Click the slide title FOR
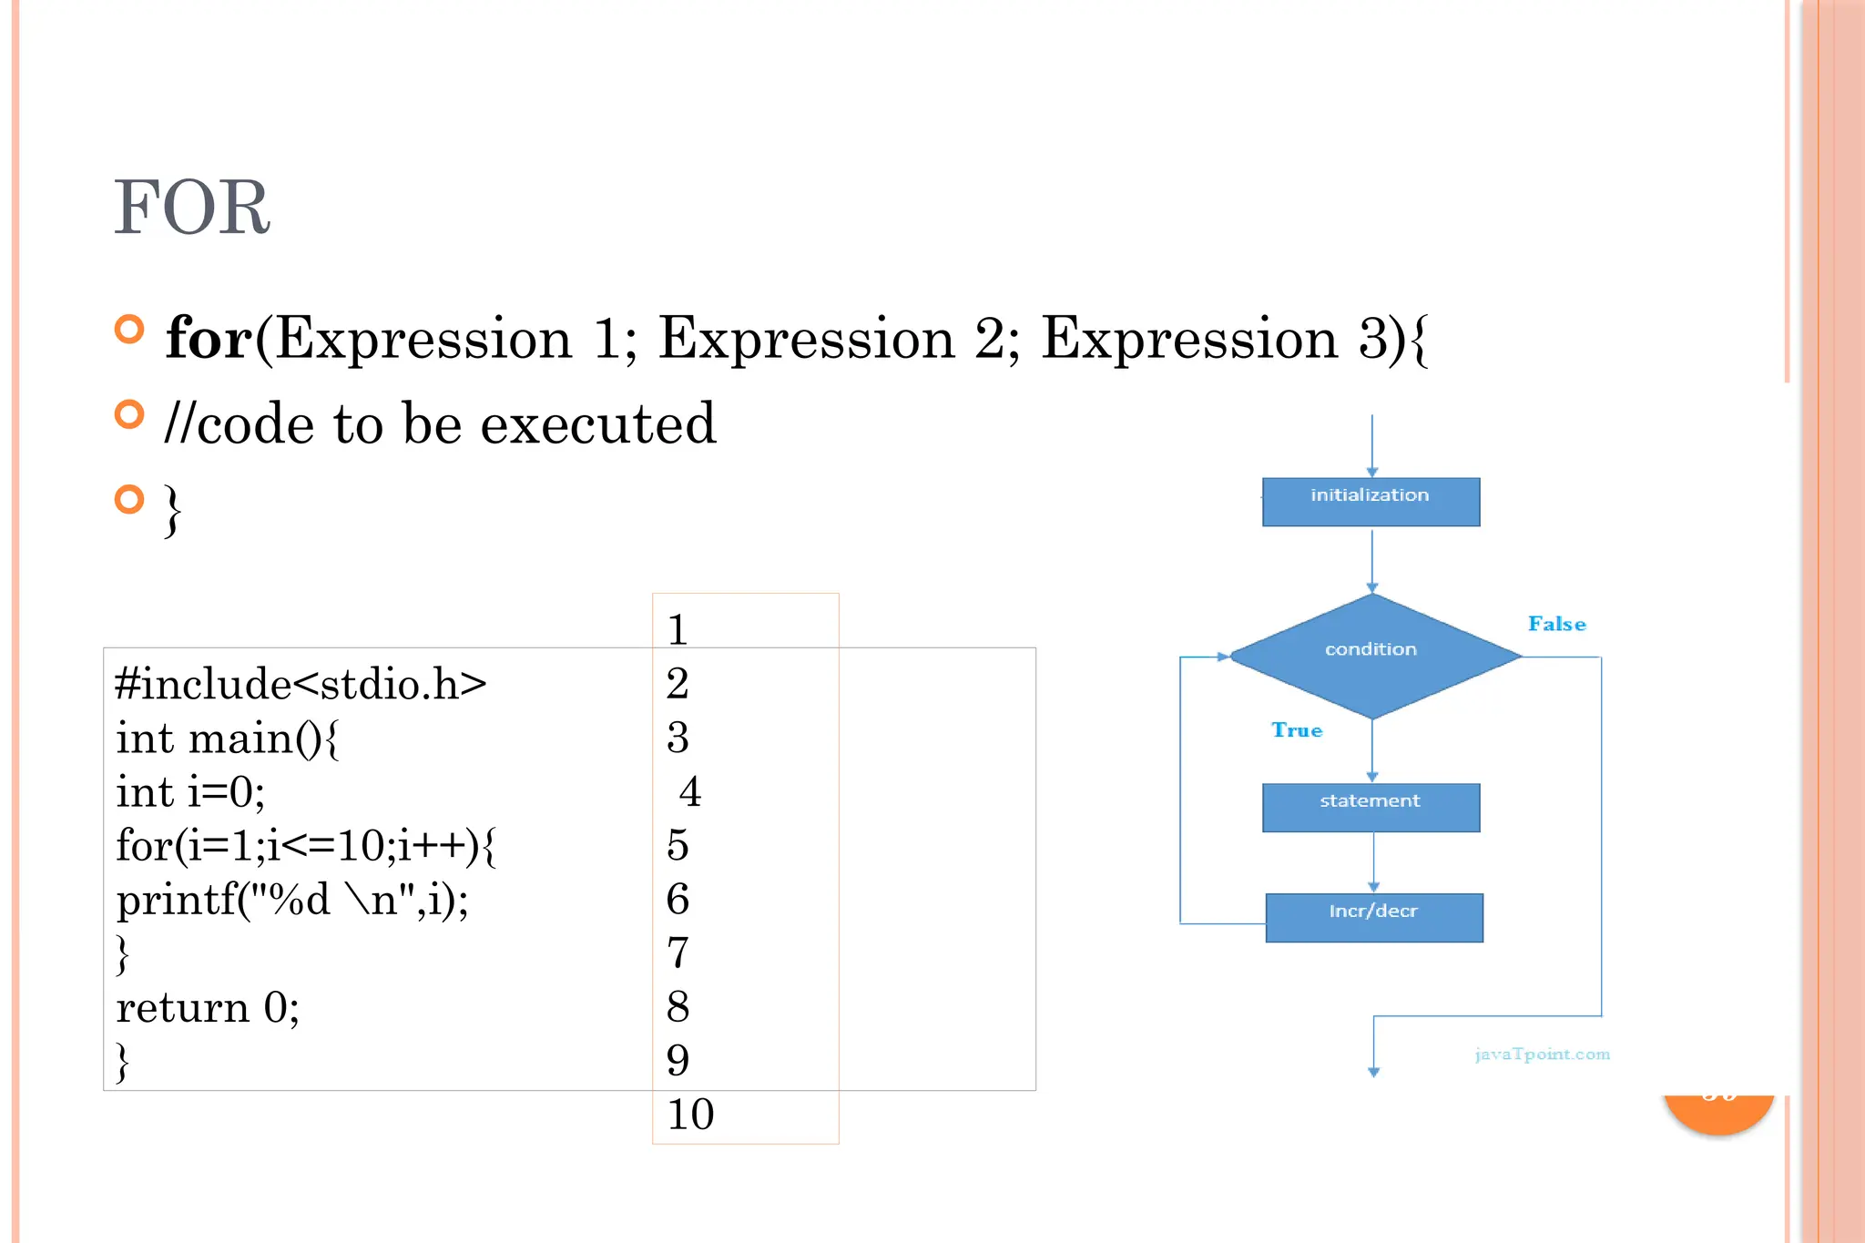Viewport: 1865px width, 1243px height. [192, 208]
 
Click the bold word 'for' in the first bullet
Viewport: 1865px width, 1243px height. [209, 339]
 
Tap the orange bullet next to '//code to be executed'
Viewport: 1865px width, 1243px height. [129, 414]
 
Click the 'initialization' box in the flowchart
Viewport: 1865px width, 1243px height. [1371, 502]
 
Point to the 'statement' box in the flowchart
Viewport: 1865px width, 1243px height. [1371, 807]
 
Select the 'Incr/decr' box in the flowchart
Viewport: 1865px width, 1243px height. [1373, 917]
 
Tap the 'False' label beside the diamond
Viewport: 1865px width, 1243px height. [1556, 624]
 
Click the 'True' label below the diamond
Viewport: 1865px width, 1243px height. [1297, 730]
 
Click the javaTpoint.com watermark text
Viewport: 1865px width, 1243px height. [1542, 1055]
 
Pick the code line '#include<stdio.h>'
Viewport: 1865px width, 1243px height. [301, 684]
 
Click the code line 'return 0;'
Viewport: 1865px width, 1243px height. [208, 1007]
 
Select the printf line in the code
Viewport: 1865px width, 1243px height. [292, 900]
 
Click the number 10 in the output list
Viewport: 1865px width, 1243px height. [690, 1114]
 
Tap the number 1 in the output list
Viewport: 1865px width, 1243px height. [677, 629]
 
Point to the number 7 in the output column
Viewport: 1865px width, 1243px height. [678, 953]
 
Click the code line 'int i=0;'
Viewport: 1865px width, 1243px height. [190, 791]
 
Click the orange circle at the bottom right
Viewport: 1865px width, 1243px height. [1718, 1113]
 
